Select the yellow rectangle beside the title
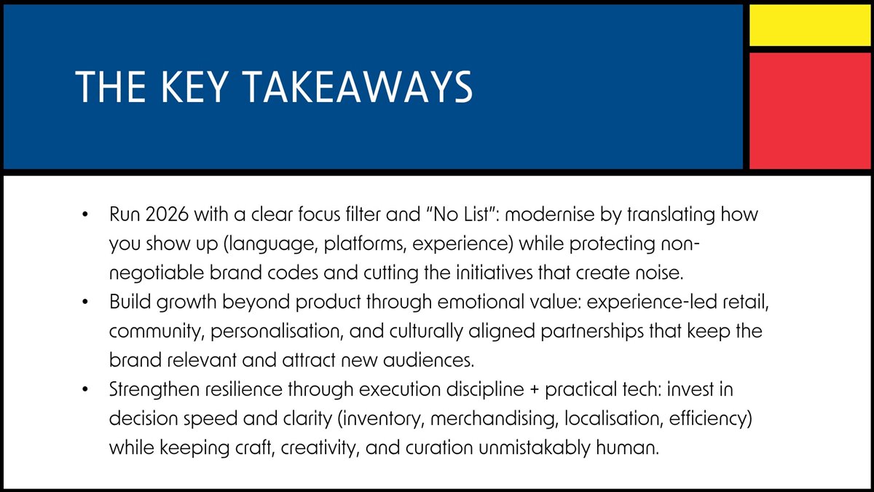pos(809,24)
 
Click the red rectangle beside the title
pos(809,109)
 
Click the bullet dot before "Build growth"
pos(84,302)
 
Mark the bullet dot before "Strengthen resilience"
pos(84,390)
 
